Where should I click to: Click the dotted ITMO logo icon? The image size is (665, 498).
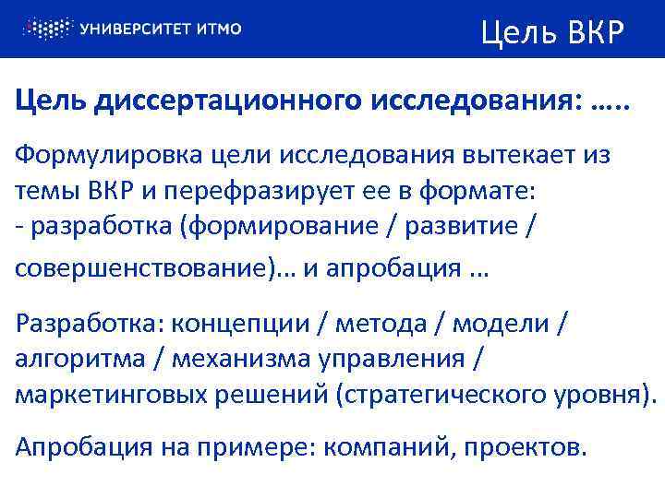tap(45, 29)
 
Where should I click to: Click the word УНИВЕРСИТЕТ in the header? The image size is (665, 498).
tap(138, 29)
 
